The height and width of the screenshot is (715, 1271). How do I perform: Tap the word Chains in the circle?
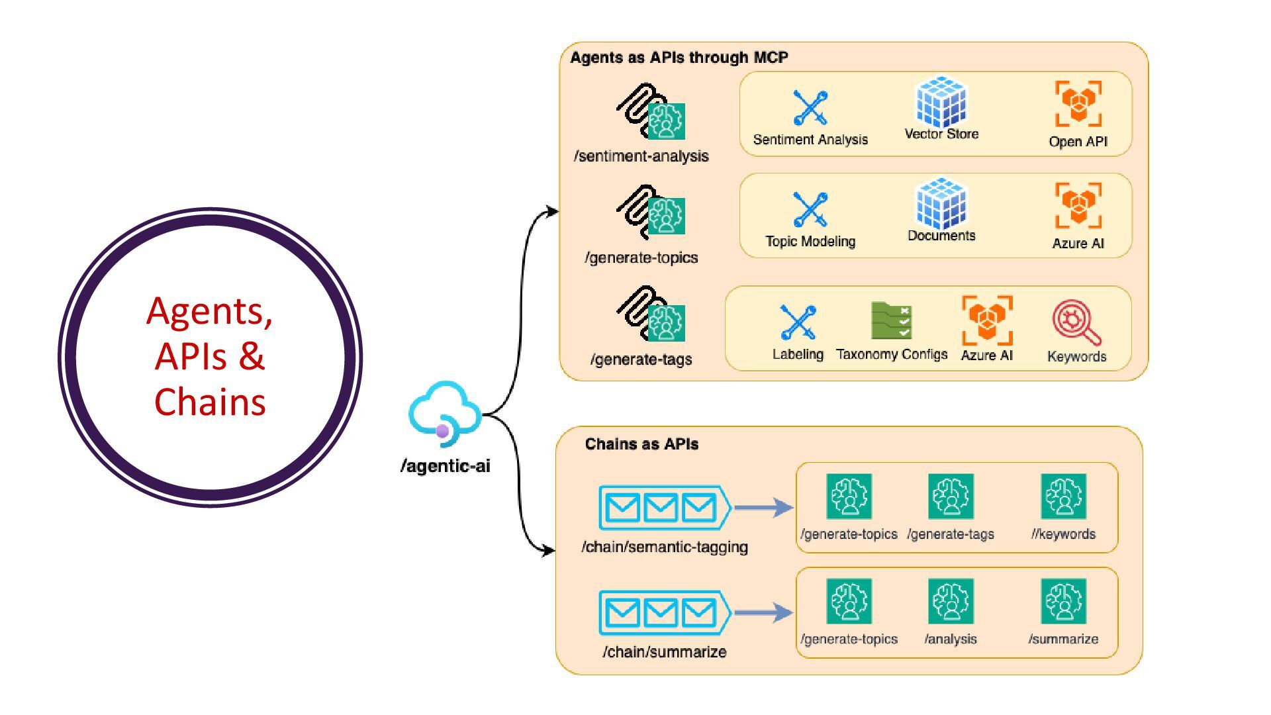pos(210,402)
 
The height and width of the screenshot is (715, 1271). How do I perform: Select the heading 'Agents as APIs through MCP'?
pos(679,58)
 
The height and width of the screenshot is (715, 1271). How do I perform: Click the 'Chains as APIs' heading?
pos(641,444)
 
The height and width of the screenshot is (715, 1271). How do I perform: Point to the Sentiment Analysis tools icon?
pos(810,108)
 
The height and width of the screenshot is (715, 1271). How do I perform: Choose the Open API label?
pos(1078,142)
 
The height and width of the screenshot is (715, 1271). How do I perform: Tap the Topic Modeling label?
pos(810,242)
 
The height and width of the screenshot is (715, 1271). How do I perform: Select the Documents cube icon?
pos(941,203)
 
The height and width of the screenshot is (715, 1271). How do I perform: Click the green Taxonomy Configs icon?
pos(891,320)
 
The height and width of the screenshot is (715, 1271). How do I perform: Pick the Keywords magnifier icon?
pos(1076,322)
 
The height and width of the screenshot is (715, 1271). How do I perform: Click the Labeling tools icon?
pos(798,322)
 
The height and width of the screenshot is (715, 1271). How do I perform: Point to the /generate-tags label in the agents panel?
pos(641,359)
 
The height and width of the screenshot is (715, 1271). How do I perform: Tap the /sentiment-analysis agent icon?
pos(651,112)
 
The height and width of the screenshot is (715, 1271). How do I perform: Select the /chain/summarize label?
pos(664,652)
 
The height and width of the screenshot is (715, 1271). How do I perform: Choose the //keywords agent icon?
pos(1063,497)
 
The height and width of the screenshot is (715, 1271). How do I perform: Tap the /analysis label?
pos(951,640)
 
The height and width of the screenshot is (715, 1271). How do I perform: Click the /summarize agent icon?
pos(1063,601)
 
